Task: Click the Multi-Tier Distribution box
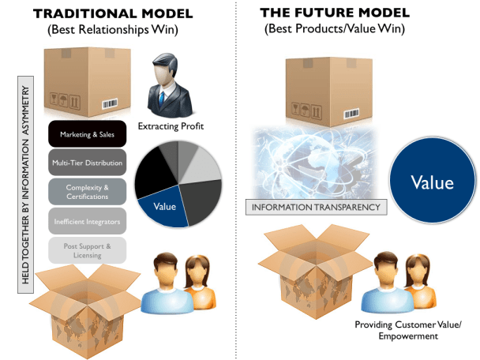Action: pyautogui.click(x=86, y=163)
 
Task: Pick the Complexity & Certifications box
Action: pyautogui.click(x=86, y=192)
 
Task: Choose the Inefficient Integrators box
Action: pyautogui.click(x=86, y=222)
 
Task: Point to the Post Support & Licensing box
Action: pyautogui.click(x=86, y=251)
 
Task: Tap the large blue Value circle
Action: pyautogui.click(x=432, y=182)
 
